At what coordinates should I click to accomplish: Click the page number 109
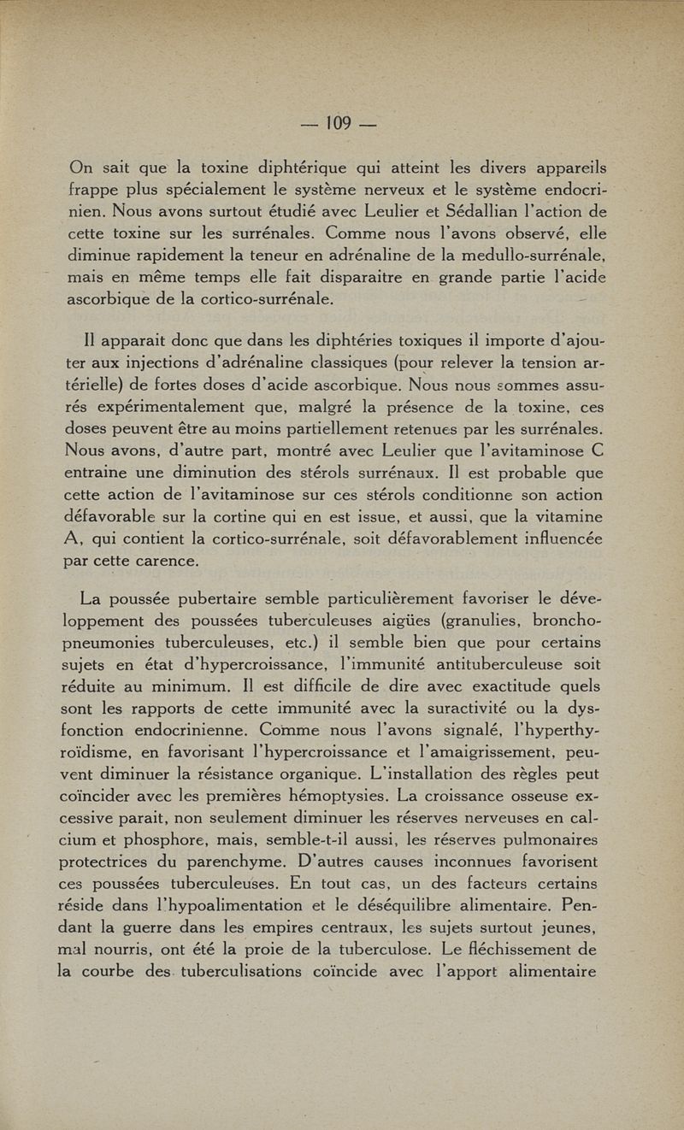(x=339, y=123)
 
